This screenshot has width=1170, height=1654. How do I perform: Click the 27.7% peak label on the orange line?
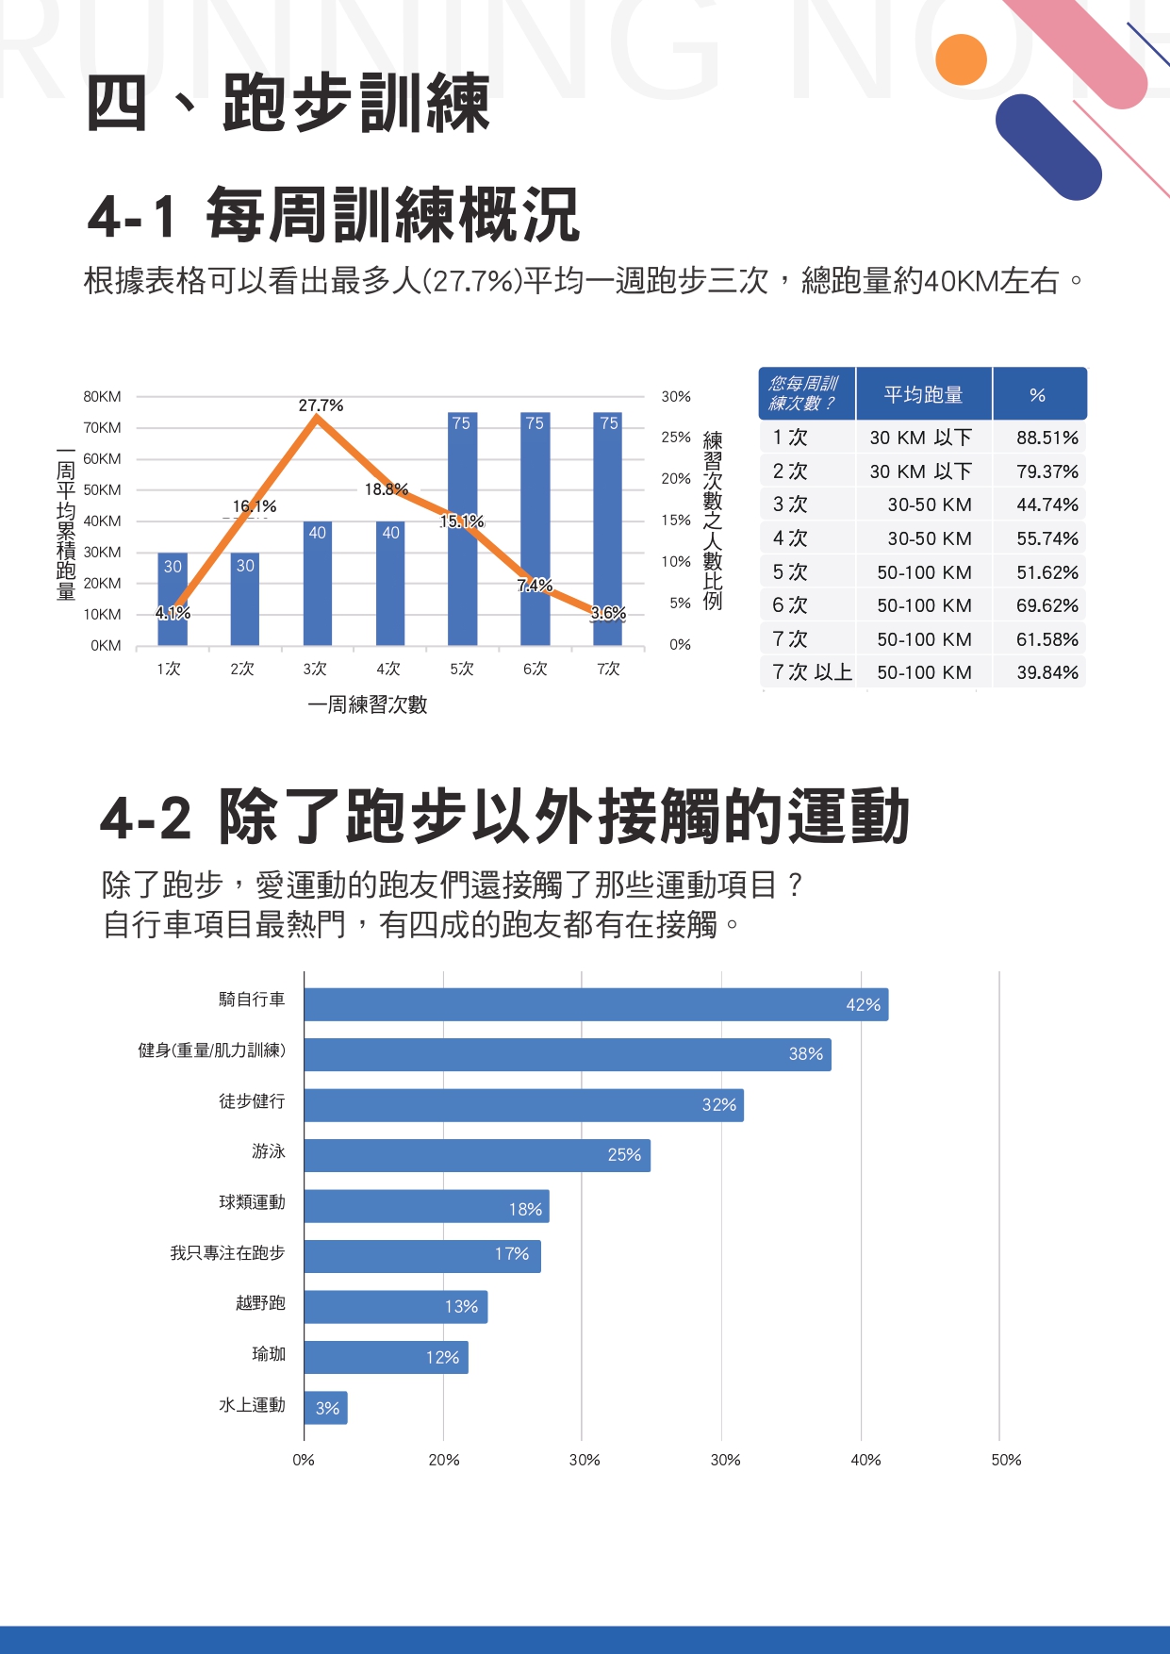pos(321,405)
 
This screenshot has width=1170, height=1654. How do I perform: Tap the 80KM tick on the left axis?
pos(102,397)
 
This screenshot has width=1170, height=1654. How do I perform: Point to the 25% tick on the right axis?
pos(676,438)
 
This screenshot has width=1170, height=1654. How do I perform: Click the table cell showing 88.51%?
pos(1046,438)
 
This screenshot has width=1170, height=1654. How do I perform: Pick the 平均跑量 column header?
pos(923,395)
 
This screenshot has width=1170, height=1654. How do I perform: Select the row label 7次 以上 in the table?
pos(811,672)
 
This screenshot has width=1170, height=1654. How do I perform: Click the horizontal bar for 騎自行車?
pos(596,1005)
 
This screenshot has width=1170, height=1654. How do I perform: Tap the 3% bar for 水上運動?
pos(325,1408)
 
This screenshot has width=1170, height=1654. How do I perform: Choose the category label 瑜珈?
pos(269,1354)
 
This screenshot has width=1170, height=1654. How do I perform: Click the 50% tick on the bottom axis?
pos(1006,1460)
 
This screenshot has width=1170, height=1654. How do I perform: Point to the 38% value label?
pos(806,1054)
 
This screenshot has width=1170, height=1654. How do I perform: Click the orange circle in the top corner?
pos(961,59)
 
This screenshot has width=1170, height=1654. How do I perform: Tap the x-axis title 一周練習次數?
pos(368,705)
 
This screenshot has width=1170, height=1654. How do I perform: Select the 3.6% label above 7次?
pos(608,614)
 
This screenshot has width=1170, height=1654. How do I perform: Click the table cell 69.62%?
pos(1046,605)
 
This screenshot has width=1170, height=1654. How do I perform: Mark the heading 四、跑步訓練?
pos(288,103)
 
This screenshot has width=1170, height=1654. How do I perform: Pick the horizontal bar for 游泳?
pos(477,1156)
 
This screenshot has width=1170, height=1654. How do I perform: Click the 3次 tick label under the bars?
pos(315,669)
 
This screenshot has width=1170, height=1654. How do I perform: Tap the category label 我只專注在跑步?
pos(227,1253)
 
